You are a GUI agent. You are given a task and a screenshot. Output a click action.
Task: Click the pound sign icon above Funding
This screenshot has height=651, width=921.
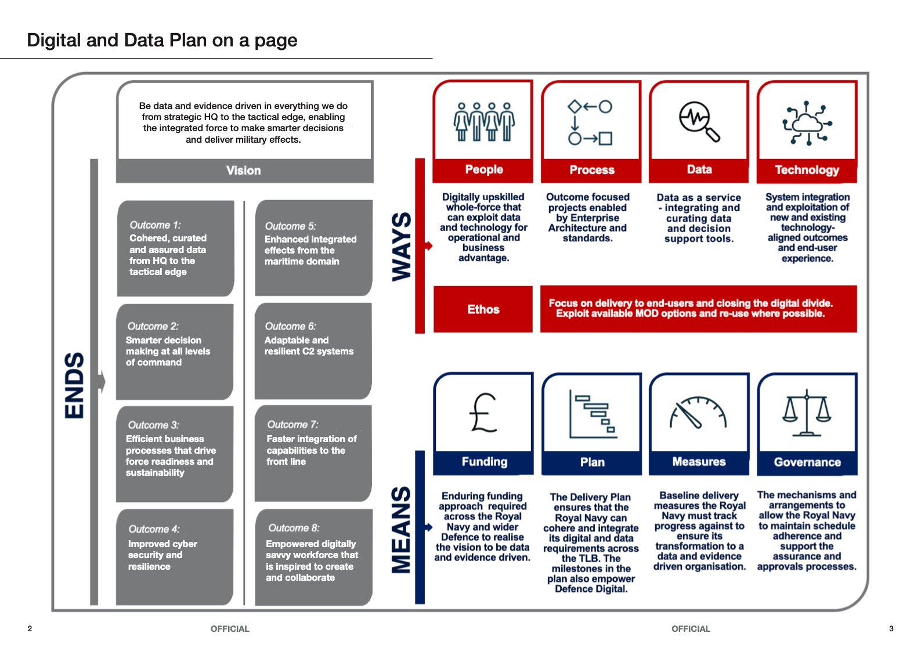tap(483, 413)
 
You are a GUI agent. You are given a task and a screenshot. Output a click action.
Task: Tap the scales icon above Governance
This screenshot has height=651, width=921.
tap(807, 413)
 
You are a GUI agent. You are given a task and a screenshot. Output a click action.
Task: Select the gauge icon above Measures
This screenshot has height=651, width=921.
tap(699, 413)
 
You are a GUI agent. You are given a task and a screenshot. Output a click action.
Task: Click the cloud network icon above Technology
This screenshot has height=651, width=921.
tap(807, 122)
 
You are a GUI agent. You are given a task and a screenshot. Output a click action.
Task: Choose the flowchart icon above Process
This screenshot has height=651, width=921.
tap(590, 122)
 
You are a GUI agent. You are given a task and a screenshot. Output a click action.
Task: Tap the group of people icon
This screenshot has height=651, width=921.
tap(483, 122)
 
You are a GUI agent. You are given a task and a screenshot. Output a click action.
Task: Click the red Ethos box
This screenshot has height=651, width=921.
tap(483, 309)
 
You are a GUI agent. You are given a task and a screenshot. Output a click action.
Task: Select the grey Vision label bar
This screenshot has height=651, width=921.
tap(244, 171)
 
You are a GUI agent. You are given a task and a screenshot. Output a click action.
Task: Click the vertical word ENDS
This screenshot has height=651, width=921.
tap(75, 385)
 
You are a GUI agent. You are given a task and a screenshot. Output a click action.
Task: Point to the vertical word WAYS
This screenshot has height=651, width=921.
tap(402, 247)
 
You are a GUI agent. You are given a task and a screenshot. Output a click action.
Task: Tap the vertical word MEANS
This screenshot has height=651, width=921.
tap(402, 529)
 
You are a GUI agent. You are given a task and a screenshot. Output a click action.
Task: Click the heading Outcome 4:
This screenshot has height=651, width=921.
tap(154, 529)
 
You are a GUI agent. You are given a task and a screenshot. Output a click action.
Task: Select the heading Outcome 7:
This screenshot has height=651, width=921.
tap(292, 425)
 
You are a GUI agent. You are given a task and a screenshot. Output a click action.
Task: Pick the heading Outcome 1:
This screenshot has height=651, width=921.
tap(155, 225)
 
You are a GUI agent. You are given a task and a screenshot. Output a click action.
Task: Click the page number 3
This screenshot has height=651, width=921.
tap(891, 628)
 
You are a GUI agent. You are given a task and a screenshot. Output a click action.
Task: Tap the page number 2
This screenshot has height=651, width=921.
tap(30, 628)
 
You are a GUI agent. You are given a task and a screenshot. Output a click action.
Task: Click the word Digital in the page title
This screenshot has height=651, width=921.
tap(54, 40)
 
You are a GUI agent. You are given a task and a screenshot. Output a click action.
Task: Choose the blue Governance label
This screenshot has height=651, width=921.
tap(807, 462)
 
